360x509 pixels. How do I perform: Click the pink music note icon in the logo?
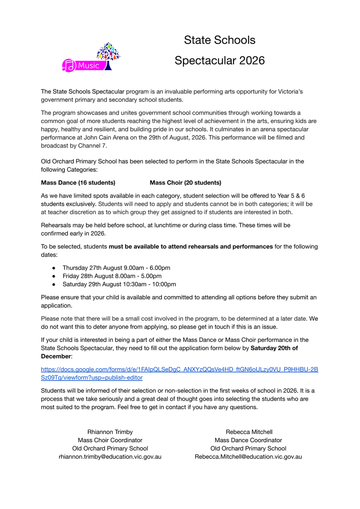tap(69, 65)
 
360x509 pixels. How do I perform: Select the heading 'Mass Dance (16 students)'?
tap(78, 183)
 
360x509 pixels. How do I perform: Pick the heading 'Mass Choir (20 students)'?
tap(185, 183)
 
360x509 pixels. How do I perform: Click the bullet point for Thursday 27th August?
tap(53, 268)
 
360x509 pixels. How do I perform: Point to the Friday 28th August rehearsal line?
tap(112, 276)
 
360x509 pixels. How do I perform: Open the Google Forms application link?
tap(179, 369)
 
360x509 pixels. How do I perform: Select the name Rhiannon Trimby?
tap(110, 432)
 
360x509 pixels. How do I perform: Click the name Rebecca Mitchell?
tap(249, 432)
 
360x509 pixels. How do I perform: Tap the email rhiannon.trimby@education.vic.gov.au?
tap(110, 457)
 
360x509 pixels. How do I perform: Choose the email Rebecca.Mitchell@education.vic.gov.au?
tap(248, 457)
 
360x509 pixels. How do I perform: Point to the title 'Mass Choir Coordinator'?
tap(110, 440)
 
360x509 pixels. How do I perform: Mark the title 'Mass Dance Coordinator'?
tap(248, 440)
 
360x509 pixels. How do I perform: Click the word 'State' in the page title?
tap(198, 40)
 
